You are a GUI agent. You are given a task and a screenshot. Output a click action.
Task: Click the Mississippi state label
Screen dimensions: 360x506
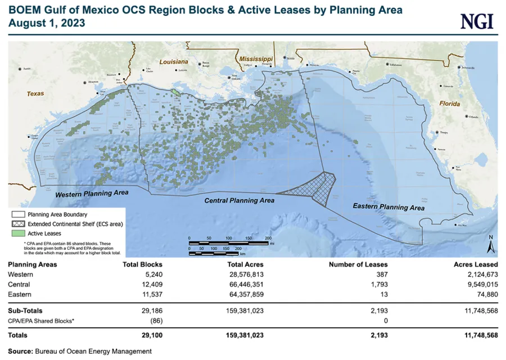coord(255,58)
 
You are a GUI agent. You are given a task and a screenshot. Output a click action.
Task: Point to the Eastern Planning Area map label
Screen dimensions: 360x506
coord(388,207)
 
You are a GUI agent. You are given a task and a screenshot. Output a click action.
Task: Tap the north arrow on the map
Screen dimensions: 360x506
coord(490,244)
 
